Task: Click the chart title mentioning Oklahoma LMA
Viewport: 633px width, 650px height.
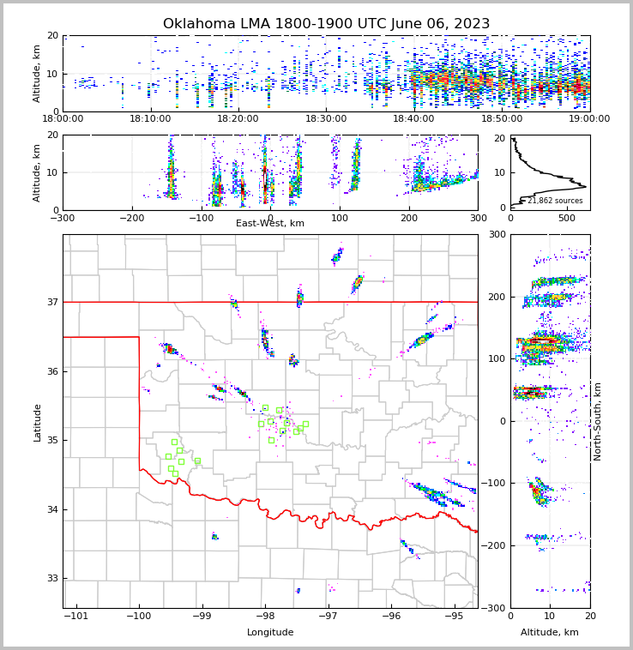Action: (326, 24)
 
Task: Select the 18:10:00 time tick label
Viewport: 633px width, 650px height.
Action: (151, 119)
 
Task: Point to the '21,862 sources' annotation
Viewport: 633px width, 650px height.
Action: (555, 201)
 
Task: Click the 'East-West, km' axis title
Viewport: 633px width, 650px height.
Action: (270, 224)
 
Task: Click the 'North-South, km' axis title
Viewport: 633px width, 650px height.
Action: (598, 421)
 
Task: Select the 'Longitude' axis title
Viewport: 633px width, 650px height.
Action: (270, 633)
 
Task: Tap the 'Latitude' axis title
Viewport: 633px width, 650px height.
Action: (38, 422)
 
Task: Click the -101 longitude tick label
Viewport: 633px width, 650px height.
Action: (76, 617)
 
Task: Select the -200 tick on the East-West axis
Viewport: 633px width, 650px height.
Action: (131, 218)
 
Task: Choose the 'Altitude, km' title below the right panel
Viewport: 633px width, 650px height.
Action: (550, 633)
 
